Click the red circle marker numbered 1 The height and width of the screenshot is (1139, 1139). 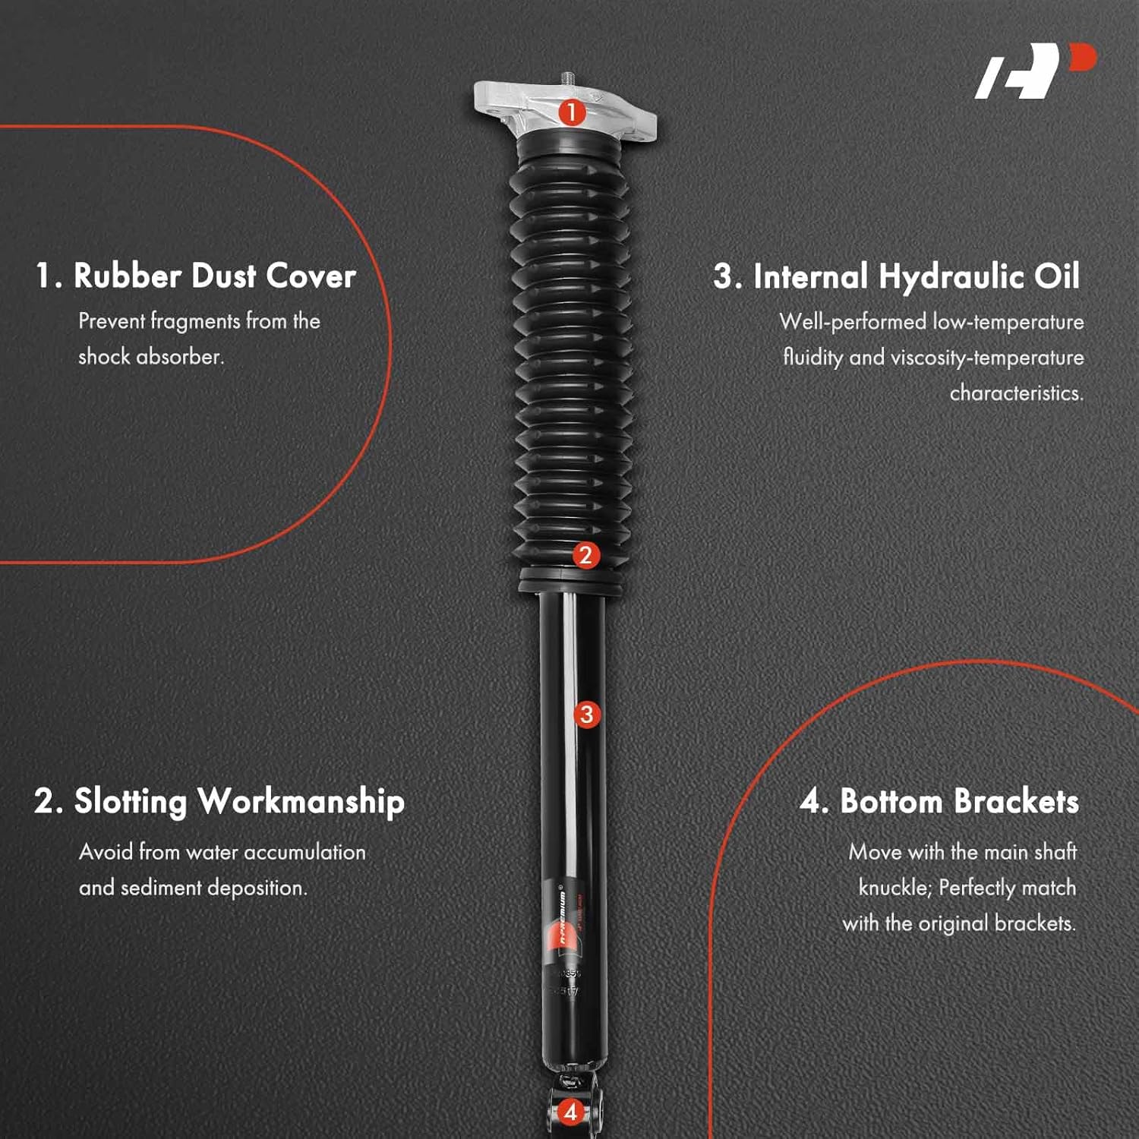(x=571, y=113)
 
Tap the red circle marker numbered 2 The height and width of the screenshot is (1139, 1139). (x=585, y=555)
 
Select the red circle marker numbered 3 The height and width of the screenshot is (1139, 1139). (x=586, y=714)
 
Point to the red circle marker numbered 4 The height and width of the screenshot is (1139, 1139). (x=571, y=1112)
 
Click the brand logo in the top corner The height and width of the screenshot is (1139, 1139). (x=1035, y=71)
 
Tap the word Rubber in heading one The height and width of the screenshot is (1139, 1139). (x=127, y=276)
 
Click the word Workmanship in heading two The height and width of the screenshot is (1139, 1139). (x=301, y=802)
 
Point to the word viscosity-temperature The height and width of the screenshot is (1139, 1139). (x=987, y=358)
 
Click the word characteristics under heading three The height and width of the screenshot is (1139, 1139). (x=1016, y=393)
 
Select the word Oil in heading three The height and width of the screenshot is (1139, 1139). (x=1057, y=276)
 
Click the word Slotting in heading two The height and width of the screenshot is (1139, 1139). (x=130, y=802)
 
